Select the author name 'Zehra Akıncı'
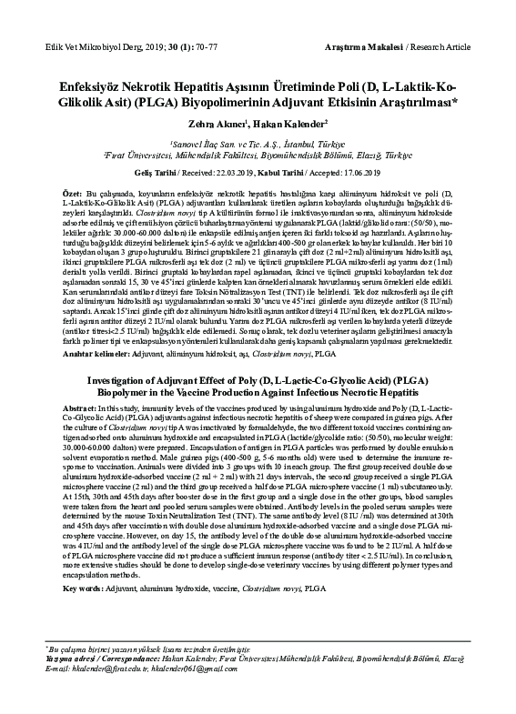tap(215, 123)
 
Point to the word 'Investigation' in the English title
tap(109, 380)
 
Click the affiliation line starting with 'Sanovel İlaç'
tap(258, 144)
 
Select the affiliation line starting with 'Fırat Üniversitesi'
tap(258, 156)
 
